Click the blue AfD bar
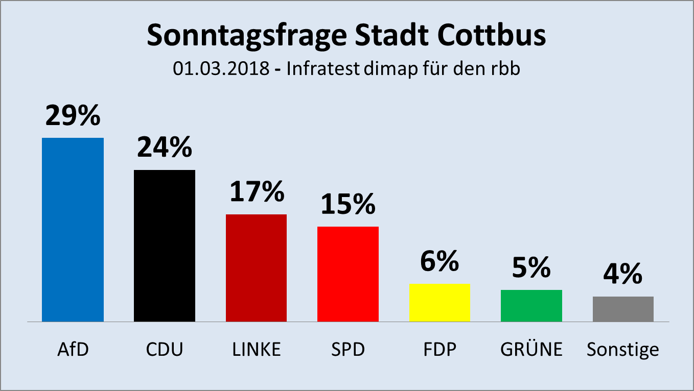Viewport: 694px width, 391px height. [73, 230]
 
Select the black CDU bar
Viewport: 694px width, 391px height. [164, 246]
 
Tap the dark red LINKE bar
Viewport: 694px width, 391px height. [256, 268]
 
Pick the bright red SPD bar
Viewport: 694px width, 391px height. [348, 274]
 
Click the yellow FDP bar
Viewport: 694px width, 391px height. [439, 302]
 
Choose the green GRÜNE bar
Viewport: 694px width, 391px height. [531, 306]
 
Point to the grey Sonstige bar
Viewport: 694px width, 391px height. [623, 309]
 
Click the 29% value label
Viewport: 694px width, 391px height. [73, 116]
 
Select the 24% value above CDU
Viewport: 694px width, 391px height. [164, 148]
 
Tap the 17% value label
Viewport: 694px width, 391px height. [256, 192]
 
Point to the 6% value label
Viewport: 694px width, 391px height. [439, 261]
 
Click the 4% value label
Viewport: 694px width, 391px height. [623, 274]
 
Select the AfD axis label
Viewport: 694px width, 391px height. [73, 350]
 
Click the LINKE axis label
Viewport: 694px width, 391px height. [256, 350]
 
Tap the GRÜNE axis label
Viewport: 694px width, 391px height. [531, 350]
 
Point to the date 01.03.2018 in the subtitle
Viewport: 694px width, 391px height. [221, 69]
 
